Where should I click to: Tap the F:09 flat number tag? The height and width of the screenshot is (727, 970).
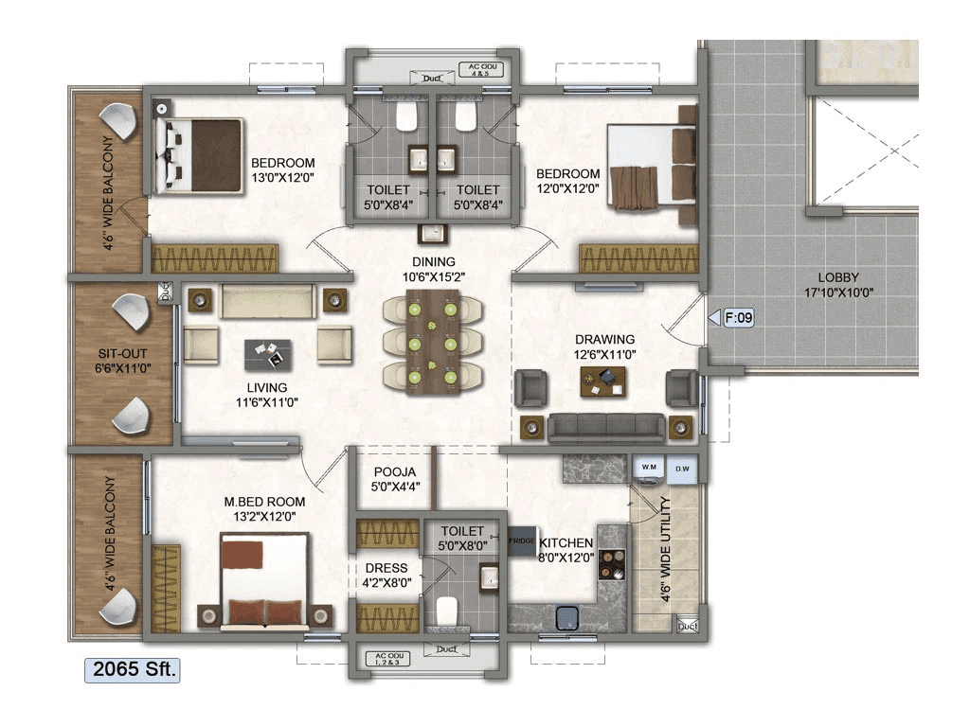pyautogui.click(x=738, y=319)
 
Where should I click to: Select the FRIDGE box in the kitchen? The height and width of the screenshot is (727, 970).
pyautogui.click(x=522, y=541)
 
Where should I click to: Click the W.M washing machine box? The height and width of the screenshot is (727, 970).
pyautogui.click(x=650, y=468)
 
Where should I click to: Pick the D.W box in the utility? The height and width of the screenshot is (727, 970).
pyautogui.click(x=682, y=468)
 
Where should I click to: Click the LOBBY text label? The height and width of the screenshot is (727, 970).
pyautogui.click(x=838, y=277)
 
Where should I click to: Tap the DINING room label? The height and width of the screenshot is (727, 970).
pyautogui.click(x=433, y=262)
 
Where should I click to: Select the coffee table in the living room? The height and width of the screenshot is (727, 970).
pyautogui.click(x=268, y=354)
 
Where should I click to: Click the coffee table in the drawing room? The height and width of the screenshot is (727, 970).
pyautogui.click(x=604, y=381)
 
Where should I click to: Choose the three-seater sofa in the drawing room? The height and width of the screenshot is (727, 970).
pyautogui.click(x=605, y=427)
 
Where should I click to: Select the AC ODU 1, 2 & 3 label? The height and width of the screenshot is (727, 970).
pyautogui.click(x=388, y=656)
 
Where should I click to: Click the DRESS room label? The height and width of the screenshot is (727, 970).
pyautogui.click(x=386, y=568)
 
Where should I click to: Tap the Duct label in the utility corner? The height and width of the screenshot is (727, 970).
pyautogui.click(x=687, y=626)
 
